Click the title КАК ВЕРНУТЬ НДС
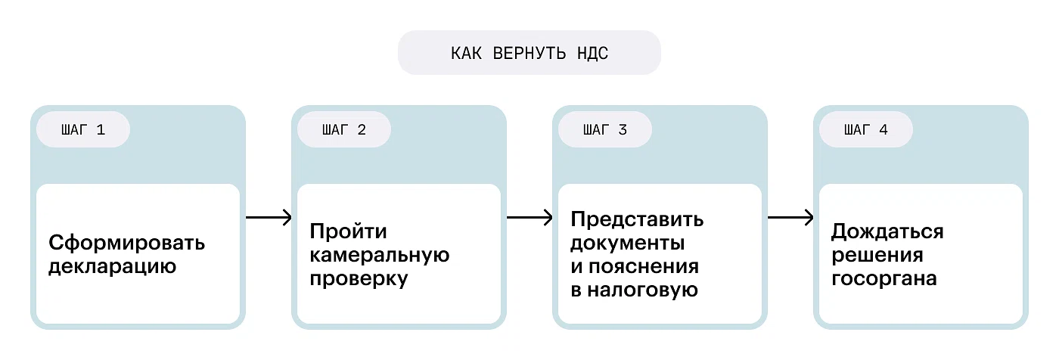(x=529, y=53)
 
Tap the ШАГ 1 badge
(x=83, y=130)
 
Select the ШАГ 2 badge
(x=343, y=130)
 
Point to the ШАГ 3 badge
(x=605, y=130)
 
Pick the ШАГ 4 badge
(x=866, y=130)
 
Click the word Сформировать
(x=126, y=244)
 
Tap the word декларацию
(x=112, y=267)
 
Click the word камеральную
(x=380, y=255)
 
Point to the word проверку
(x=359, y=279)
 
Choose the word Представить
(x=637, y=219)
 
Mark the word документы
(x=628, y=244)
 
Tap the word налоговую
(x=644, y=291)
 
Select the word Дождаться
(x=887, y=231)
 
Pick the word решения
(x=877, y=255)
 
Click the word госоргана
(x=884, y=279)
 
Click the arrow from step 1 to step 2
(x=269, y=218)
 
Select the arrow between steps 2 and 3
(x=529, y=218)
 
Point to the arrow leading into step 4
(x=790, y=218)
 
